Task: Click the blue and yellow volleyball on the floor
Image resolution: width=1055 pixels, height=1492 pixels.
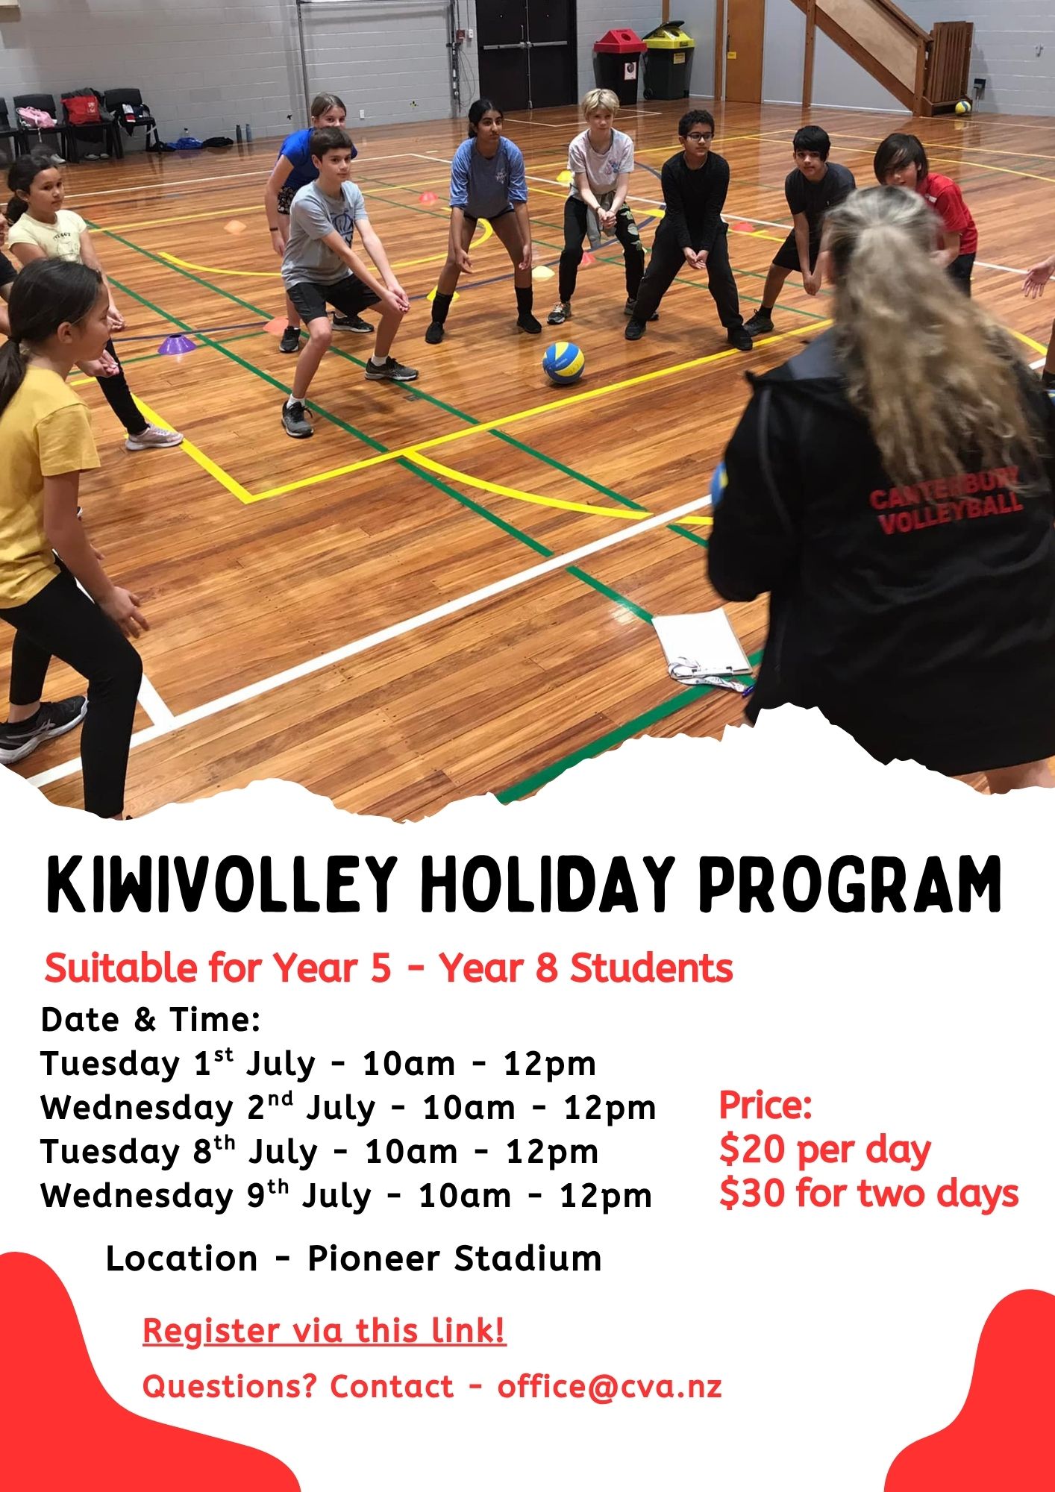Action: tap(563, 363)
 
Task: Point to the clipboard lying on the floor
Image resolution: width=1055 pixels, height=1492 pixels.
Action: tap(701, 643)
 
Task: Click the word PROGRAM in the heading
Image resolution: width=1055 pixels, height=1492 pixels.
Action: tap(851, 886)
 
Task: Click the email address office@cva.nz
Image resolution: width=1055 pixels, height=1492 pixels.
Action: tap(610, 1387)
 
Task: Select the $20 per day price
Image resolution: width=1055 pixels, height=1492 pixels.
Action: tap(825, 1150)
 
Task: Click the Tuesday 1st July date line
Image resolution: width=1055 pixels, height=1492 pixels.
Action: tap(319, 1064)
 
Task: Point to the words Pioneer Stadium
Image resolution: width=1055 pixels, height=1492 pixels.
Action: tap(454, 1259)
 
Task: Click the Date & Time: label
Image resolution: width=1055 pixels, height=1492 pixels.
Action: tap(151, 1020)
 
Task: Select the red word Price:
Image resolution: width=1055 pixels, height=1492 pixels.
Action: tap(766, 1106)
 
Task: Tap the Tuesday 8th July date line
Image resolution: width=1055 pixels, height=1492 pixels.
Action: tap(319, 1152)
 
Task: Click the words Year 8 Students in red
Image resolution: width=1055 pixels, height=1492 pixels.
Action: tap(586, 968)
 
